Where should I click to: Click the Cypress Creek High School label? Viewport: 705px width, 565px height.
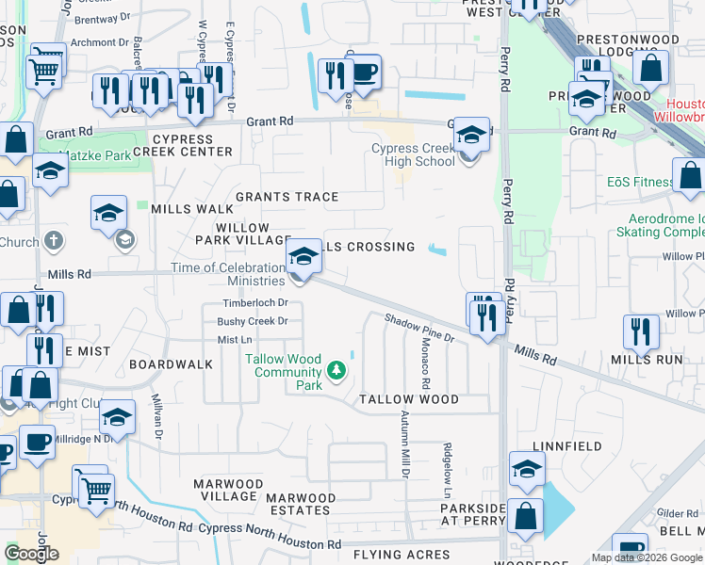click(x=413, y=154)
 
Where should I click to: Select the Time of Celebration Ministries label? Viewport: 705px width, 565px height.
click(x=228, y=274)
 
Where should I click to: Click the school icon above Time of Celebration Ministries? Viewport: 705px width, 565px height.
click(x=303, y=256)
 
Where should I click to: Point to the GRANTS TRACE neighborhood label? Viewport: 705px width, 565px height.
click(x=287, y=197)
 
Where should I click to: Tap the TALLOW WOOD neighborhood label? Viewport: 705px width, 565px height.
click(x=408, y=399)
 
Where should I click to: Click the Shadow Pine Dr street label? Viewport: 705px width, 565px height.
click(x=419, y=327)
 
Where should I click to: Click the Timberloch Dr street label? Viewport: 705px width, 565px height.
click(x=254, y=302)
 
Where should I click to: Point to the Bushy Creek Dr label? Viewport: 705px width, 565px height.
click(x=252, y=321)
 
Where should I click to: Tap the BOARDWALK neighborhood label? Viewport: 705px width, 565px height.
click(x=171, y=363)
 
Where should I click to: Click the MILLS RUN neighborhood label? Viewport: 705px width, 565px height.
click(x=646, y=359)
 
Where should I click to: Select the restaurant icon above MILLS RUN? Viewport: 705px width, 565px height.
click(x=641, y=331)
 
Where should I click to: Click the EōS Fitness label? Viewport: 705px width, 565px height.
click(x=640, y=183)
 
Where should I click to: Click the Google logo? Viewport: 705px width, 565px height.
click(x=31, y=554)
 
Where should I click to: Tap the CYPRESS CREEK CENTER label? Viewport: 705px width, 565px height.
click(x=181, y=145)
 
